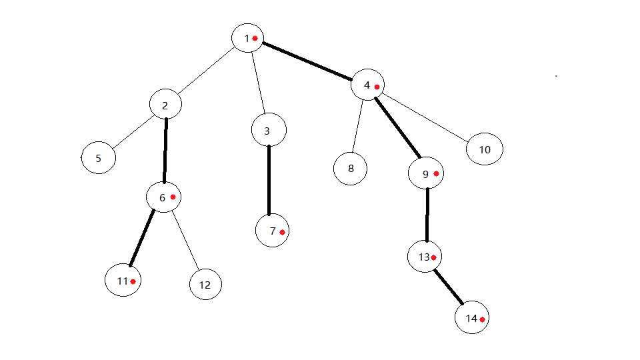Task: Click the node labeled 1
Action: [248, 38]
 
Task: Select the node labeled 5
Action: [99, 159]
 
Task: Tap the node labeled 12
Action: [205, 285]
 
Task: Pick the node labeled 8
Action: [351, 168]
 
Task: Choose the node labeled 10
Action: [485, 149]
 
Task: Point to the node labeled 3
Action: [269, 131]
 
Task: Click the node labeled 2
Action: [165, 105]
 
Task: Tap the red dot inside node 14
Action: [481, 319]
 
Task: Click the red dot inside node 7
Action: [283, 232]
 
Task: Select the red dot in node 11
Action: [133, 281]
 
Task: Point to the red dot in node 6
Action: [173, 197]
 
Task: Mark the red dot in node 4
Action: [377, 87]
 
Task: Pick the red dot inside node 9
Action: [437, 173]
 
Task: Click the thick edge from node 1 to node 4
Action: [307, 61]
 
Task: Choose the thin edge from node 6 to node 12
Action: [187, 240]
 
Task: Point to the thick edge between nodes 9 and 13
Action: [427, 215]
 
